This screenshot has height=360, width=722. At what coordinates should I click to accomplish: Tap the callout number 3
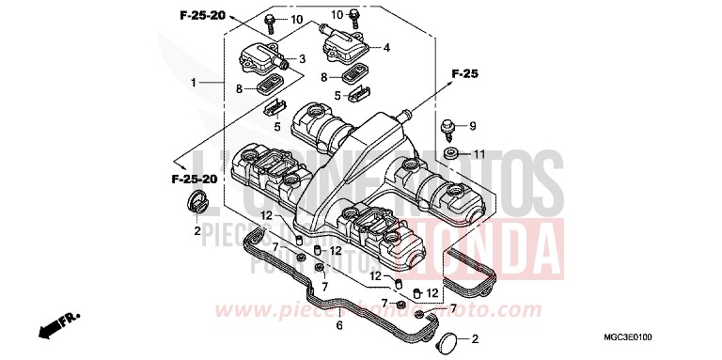pos(303,59)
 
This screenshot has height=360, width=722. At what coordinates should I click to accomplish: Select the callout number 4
pos(385,46)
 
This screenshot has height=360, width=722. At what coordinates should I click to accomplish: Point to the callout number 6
pos(339,325)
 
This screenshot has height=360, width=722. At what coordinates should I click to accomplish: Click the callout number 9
pos(473,126)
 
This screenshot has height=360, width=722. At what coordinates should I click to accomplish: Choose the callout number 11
pos(479,154)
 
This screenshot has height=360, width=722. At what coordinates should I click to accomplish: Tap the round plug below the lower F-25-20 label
pos(196,201)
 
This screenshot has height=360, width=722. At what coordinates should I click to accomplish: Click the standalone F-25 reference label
pos(464,73)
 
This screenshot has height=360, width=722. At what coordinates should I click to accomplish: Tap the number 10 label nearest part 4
pos(337,15)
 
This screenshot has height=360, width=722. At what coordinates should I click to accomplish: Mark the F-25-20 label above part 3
pos(203,16)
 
